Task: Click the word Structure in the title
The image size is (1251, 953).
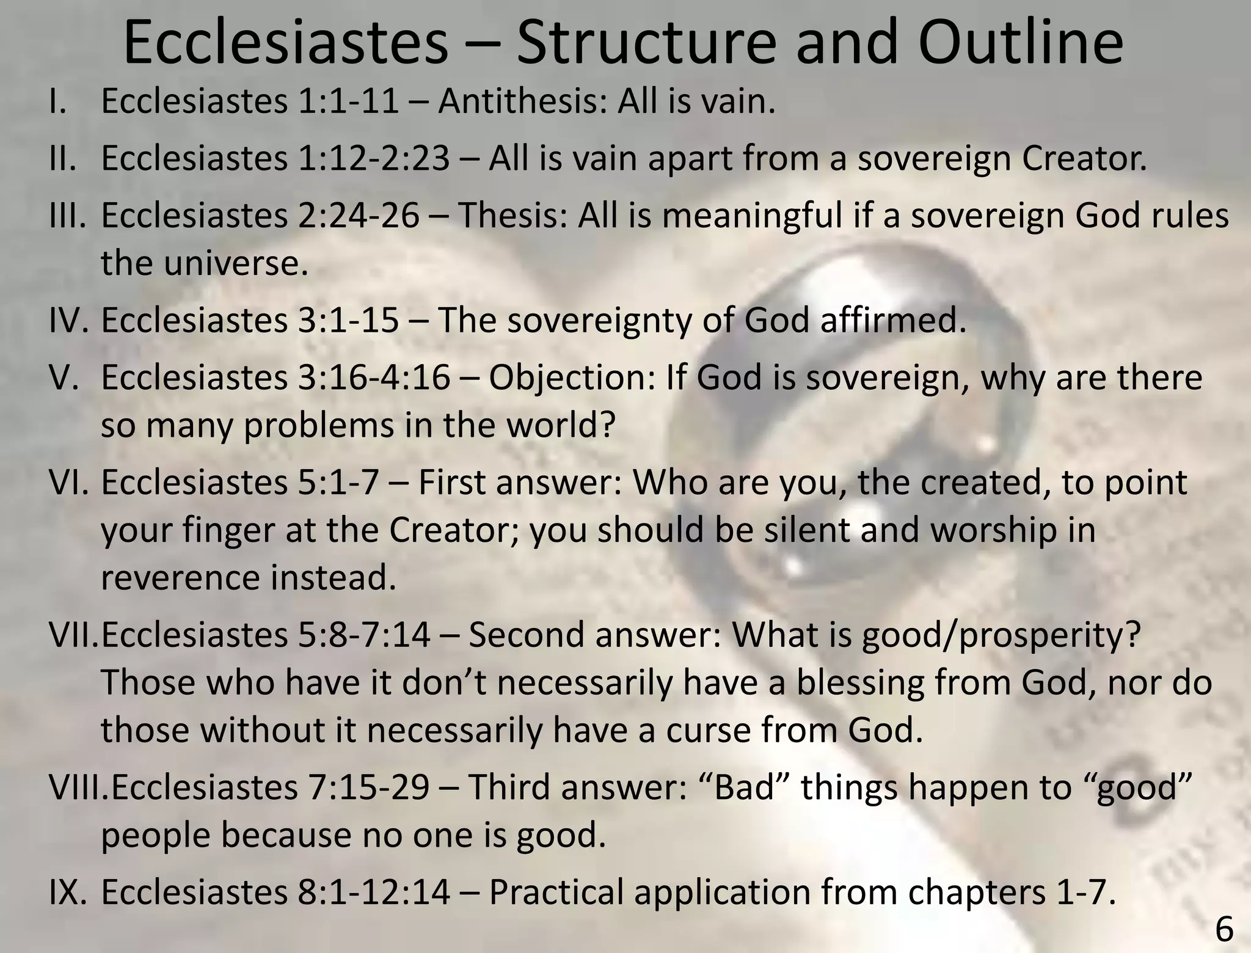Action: (x=647, y=43)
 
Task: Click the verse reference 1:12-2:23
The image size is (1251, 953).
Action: (x=374, y=158)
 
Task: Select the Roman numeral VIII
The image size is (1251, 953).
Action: (x=78, y=787)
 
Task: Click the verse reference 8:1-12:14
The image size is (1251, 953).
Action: (x=374, y=892)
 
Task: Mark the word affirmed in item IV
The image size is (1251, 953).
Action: (x=893, y=320)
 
